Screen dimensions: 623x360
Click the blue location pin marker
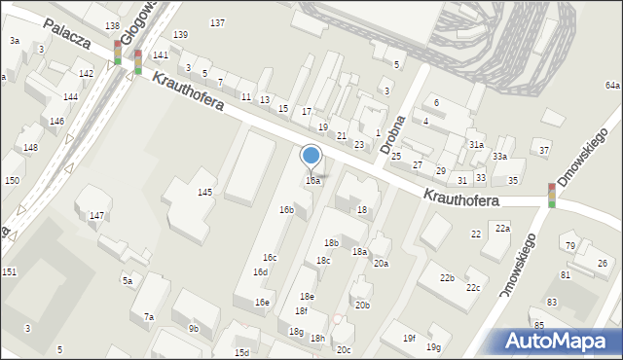[x=311, y=157]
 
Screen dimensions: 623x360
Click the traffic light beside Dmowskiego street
[x=552, y=195]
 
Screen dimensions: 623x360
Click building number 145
[x=205, y=193]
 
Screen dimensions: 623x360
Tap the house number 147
[x=97, y=215]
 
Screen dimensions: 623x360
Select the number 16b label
[x=286, y=210]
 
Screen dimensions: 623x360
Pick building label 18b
[x=331, y=243]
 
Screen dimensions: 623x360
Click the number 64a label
[x=611, y=86]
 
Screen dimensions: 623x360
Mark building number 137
[x=217, y=22]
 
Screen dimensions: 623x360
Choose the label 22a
[x=502, y=228]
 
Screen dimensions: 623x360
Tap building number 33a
[x=499, y=157]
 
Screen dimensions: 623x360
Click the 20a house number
[x=381, y=264]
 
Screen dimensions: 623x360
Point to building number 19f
[x=410, y=339]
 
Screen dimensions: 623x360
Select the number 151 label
[x=9, y=271]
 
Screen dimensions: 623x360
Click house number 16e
[x=263, y=303]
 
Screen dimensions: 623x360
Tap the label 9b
[x=194, y=329]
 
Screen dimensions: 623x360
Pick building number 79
[x=568, y=246]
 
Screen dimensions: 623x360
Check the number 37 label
[x=544, y=150]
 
